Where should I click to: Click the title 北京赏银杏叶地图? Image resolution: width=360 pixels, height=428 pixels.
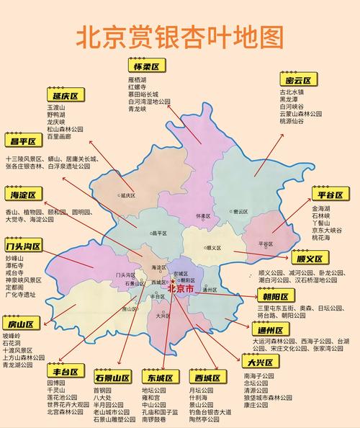point(179,36)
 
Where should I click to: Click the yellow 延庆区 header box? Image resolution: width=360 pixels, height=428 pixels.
point(65,95)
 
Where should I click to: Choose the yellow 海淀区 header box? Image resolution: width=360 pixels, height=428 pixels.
point(23,195)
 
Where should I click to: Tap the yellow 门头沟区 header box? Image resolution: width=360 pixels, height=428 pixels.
point(23,246)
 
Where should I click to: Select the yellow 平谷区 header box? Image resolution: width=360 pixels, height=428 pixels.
point(330,195)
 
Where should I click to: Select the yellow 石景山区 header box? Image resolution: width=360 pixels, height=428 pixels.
point(112,378)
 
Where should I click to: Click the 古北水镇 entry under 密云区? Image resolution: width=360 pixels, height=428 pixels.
point(292,92)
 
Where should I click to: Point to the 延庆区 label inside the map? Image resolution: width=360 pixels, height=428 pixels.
point(128,195)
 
